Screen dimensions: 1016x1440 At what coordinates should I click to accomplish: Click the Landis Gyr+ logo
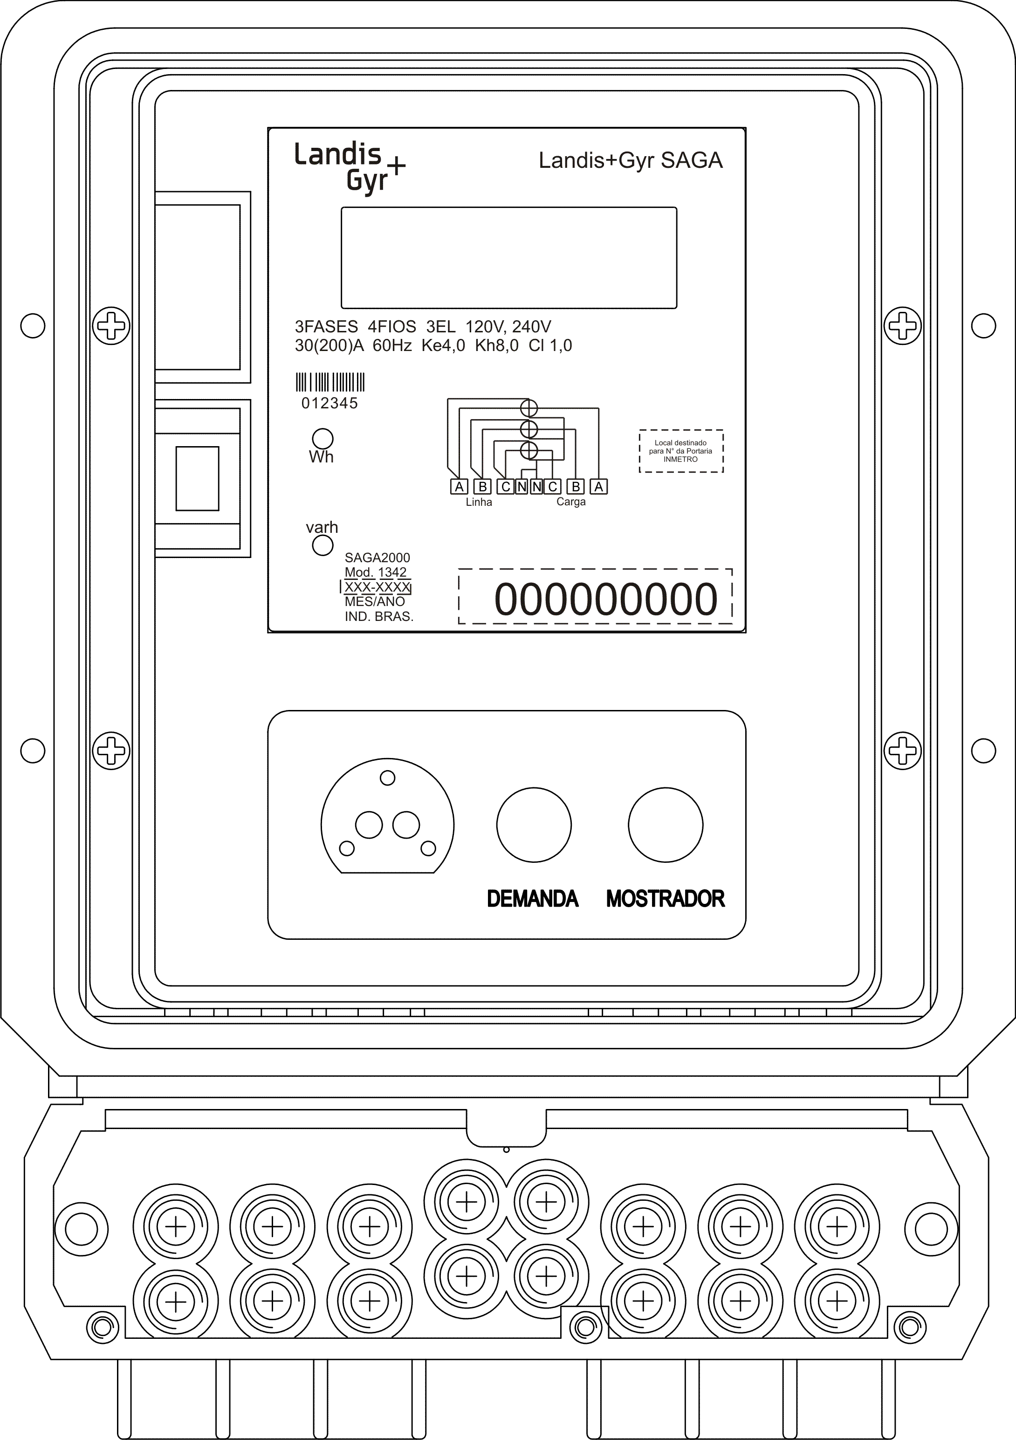coord(350,168)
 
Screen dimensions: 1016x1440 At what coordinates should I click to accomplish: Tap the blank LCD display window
coord(508,258)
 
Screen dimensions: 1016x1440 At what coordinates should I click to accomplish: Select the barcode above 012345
coord(330,383)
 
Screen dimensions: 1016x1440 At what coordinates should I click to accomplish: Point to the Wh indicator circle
coord(323,438)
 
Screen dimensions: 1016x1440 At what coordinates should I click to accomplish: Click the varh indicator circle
coord(323,545)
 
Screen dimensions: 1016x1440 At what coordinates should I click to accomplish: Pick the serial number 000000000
coord(606,599)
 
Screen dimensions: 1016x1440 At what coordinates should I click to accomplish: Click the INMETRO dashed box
coord(681,451)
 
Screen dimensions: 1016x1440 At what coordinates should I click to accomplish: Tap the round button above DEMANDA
coord(534,825)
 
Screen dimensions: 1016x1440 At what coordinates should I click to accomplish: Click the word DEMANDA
coord(532,899)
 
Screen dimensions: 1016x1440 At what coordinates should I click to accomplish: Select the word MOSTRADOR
coord(666,899)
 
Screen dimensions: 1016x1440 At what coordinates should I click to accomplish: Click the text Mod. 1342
coord(376,572)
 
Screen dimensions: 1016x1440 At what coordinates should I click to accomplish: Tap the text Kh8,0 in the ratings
coord(497,345)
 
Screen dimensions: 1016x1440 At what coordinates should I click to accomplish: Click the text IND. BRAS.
coord(379,617)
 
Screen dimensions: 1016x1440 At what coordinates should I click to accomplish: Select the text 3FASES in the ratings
coord(326,327)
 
